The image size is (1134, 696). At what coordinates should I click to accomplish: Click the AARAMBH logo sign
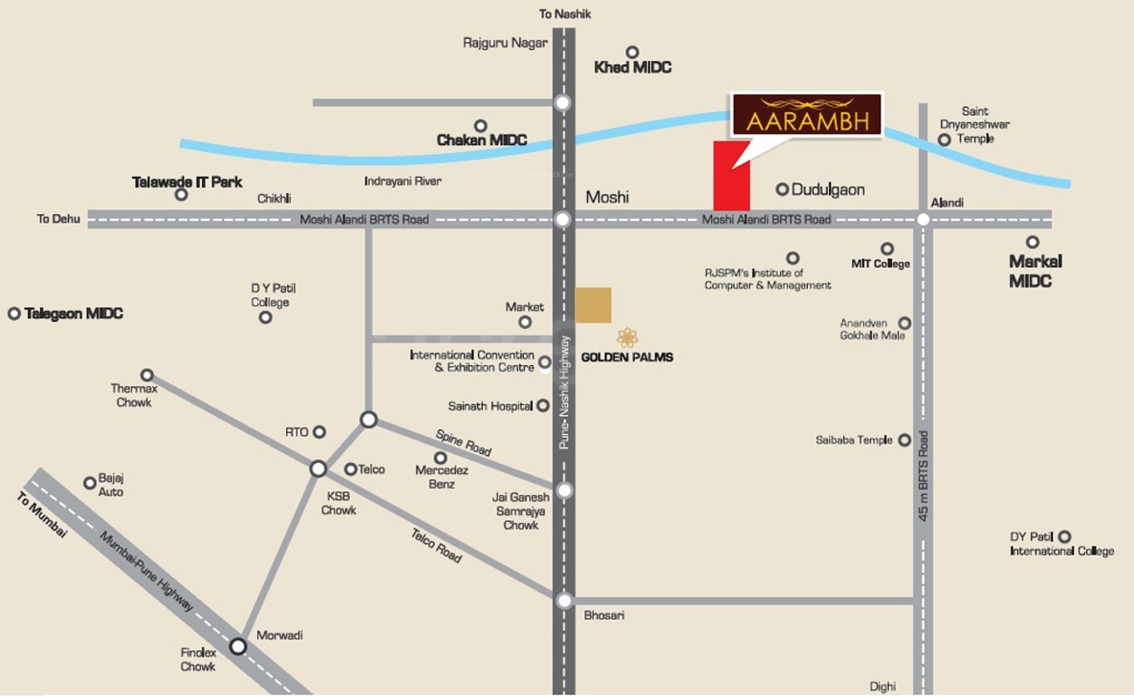806,115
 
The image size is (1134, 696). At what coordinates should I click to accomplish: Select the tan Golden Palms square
593,304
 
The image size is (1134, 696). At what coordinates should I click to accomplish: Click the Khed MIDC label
632,68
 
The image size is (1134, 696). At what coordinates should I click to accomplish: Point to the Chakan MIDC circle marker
481,126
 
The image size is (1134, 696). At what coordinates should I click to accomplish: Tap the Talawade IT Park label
187,182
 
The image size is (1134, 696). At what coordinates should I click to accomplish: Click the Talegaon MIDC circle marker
14,314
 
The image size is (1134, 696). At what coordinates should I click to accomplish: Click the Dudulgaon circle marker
782,189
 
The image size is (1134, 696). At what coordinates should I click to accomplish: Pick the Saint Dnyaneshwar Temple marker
945,140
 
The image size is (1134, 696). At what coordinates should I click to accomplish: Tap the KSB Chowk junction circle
318,469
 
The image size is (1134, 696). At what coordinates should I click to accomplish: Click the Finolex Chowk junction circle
238,646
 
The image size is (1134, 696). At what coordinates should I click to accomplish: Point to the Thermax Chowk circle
147,374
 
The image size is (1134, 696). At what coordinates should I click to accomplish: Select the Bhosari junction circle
564,600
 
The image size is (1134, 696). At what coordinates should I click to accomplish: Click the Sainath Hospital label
490,407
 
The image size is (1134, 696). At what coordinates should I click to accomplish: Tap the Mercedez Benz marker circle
440,458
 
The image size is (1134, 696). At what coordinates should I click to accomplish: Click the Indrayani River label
403,181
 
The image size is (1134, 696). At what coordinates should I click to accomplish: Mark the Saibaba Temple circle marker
904,440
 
